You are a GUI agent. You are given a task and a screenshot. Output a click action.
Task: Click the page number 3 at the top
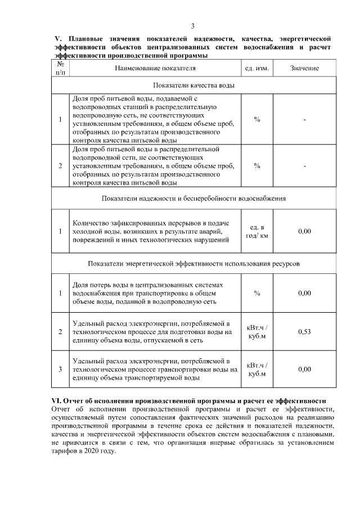(x=193, y=26)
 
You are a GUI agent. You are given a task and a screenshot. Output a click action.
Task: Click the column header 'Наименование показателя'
(x=155, y=68)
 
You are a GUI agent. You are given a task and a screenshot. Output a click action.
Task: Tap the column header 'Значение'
(x=304, y=68)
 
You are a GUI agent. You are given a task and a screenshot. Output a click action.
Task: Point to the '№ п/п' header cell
(x=60, y=68)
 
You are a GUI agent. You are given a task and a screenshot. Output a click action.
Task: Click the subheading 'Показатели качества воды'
(x=193, y=85)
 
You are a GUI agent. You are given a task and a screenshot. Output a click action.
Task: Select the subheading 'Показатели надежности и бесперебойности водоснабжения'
(x=193, y=199)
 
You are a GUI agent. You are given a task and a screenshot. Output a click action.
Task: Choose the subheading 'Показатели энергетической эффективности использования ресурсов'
(x=193, y=263)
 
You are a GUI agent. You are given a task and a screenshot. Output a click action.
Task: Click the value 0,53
(x=304, y=331)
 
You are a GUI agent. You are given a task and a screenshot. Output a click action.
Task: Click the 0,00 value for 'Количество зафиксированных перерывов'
(x=304, y=231)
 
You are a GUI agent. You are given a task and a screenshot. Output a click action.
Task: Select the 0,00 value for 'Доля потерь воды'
(x=304, y=293)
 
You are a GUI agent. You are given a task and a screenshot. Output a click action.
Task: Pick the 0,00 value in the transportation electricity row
(x=304, y=369)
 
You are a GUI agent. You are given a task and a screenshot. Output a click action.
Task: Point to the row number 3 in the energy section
(x=60, y=369)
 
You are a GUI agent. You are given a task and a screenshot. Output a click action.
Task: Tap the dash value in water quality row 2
(x=304, y=166)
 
